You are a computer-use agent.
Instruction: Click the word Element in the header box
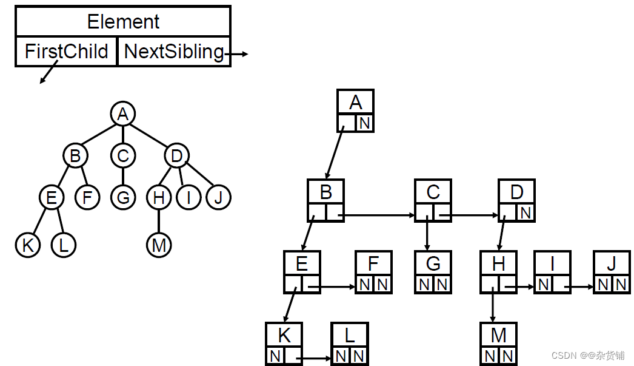click(123, 22)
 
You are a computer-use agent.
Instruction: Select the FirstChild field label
click(66, 52)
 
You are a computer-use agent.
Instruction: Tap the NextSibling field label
click(174, 52)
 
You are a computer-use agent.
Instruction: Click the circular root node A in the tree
click(123, 114)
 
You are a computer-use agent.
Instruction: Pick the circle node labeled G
click(123, 197)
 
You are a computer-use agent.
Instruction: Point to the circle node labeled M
click(159, 245)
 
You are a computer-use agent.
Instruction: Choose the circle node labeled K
click(27, 245)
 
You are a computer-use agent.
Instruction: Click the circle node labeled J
click(219, 197)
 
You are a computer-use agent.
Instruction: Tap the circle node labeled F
click(87, 197)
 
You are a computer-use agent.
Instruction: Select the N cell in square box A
click(364, 123)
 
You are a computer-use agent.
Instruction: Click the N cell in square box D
click(526, 213)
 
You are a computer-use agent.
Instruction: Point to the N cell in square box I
click(544, 284)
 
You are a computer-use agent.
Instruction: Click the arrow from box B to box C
click(376, 214)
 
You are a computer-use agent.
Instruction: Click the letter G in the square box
click(433, 263)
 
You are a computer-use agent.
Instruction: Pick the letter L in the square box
click(350, 335)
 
